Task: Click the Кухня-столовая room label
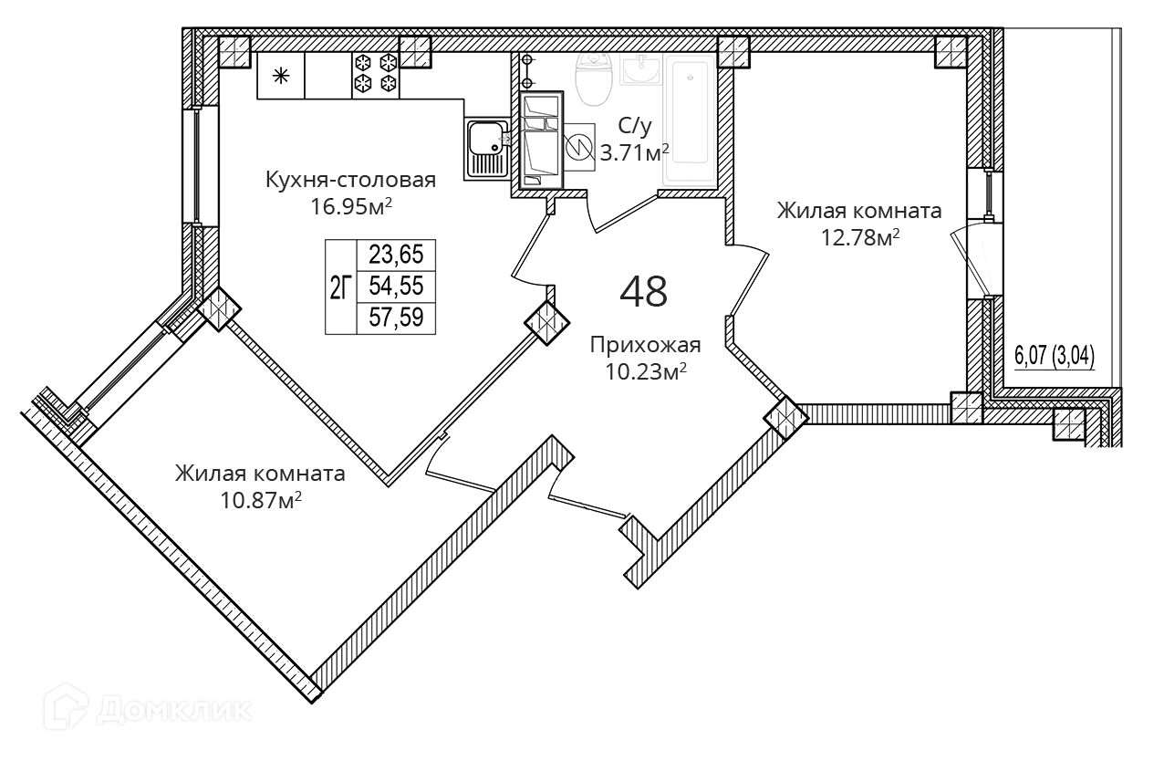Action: pyautogui.click(x=350, y=180)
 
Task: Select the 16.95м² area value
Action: pyautogui.click(x=351, y=206)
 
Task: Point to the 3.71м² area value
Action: pyautogui.click(x=636, y=152)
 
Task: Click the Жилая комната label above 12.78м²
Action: pyautogui.click(x=859, y=211)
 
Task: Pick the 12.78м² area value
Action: pyautogui.click(x=859, y=237)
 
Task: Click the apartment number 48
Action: pyautogui.click(x=643, y=291)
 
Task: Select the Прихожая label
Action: pyautogui.click(x=645, y=345)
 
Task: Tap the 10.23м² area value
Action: pyautogui.click(x=644, y=370)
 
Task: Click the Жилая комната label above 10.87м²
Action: pyautogui.click(x=261, y=474)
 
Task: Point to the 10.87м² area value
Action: pyautogui.click(x=262, y=499)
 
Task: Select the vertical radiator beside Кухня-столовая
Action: pyautogui.click(x=197, y=165)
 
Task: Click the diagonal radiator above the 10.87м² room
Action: pyautogui.click(x=129, y=370)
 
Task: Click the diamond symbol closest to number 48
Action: pyautogui.click(x=546, y=322)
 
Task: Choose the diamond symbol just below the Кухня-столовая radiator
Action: pyautogui.click(x=219, y=308)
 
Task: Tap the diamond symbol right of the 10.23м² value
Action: pyautogui.click(x=786, y=418)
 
